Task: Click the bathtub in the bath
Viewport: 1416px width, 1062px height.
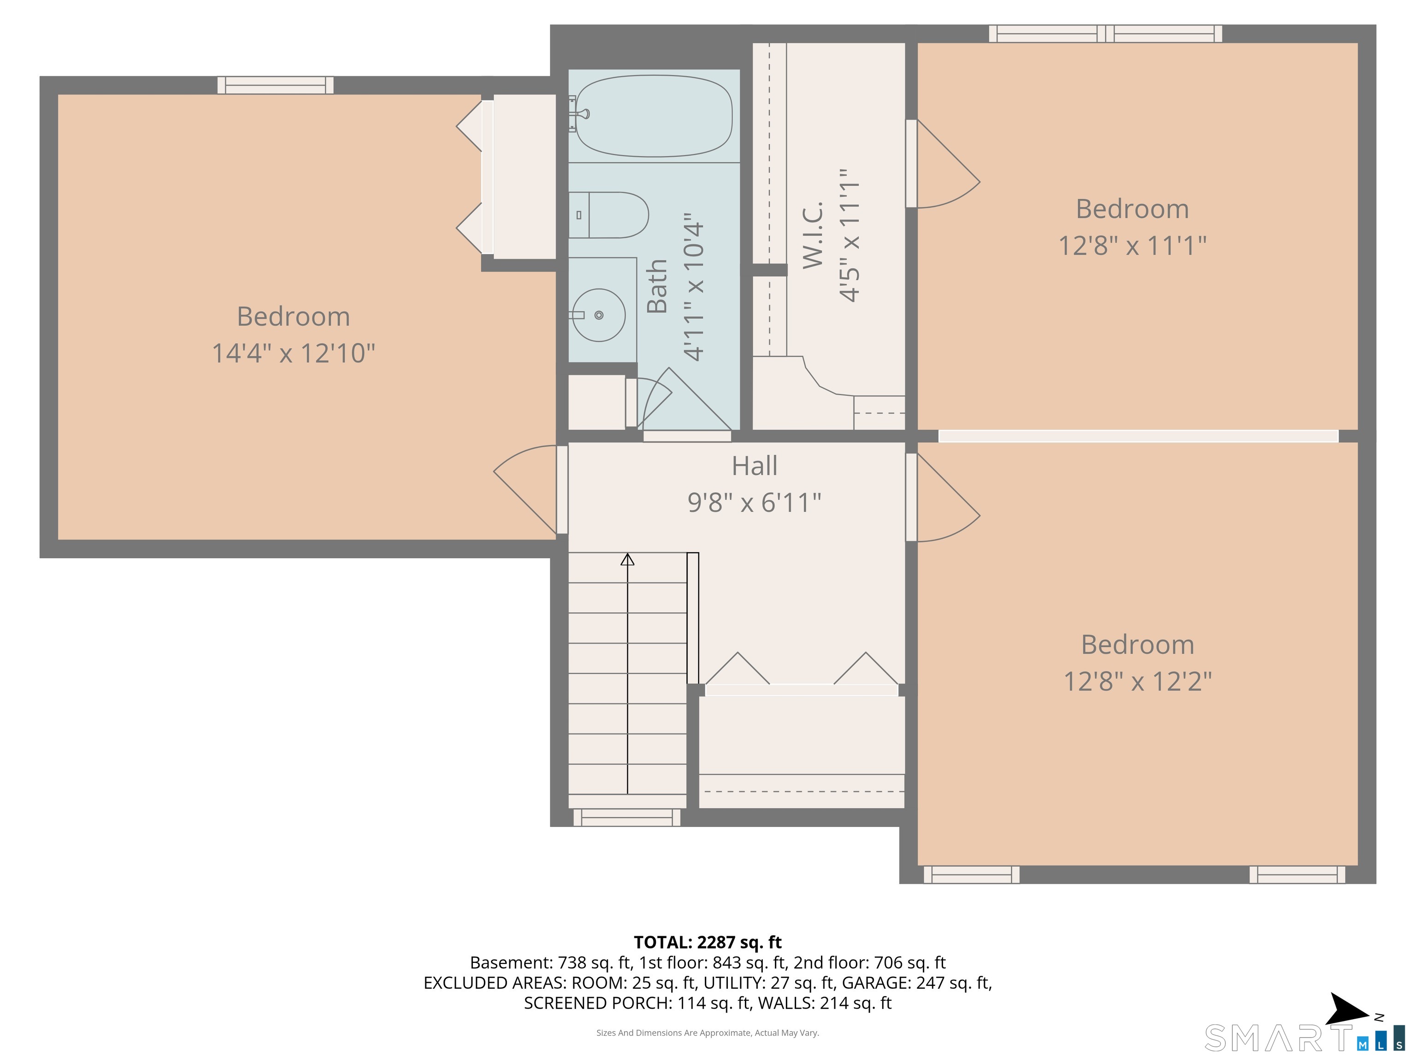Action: click(x=654, y=116)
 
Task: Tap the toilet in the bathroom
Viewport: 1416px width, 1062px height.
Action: click(x=608, y=215)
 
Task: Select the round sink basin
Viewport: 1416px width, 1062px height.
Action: click(x=599, y=315)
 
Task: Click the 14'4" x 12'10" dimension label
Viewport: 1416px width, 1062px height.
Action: click(x=293, y=353)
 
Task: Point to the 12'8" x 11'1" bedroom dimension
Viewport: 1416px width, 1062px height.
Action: click(x=1132, y=246)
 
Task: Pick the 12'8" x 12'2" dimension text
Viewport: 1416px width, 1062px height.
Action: click(x=1138, y=681)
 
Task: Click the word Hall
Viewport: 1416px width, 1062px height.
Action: click(x=755, y=466)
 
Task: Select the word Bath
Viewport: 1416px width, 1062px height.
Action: click(x=657, y=286)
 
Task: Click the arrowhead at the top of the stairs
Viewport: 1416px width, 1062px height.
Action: click(x=627, y=560)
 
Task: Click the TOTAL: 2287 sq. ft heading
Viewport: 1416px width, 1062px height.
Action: click(x=708, y=942)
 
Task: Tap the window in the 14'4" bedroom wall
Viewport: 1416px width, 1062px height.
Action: click(x=275, y=85)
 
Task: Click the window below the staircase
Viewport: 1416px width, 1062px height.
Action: click(x=627, y=817)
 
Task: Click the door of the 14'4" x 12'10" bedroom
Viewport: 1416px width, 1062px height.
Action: click(x=525, y=490)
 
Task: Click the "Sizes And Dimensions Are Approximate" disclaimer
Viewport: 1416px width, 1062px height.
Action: click(x=708, y=1032)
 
